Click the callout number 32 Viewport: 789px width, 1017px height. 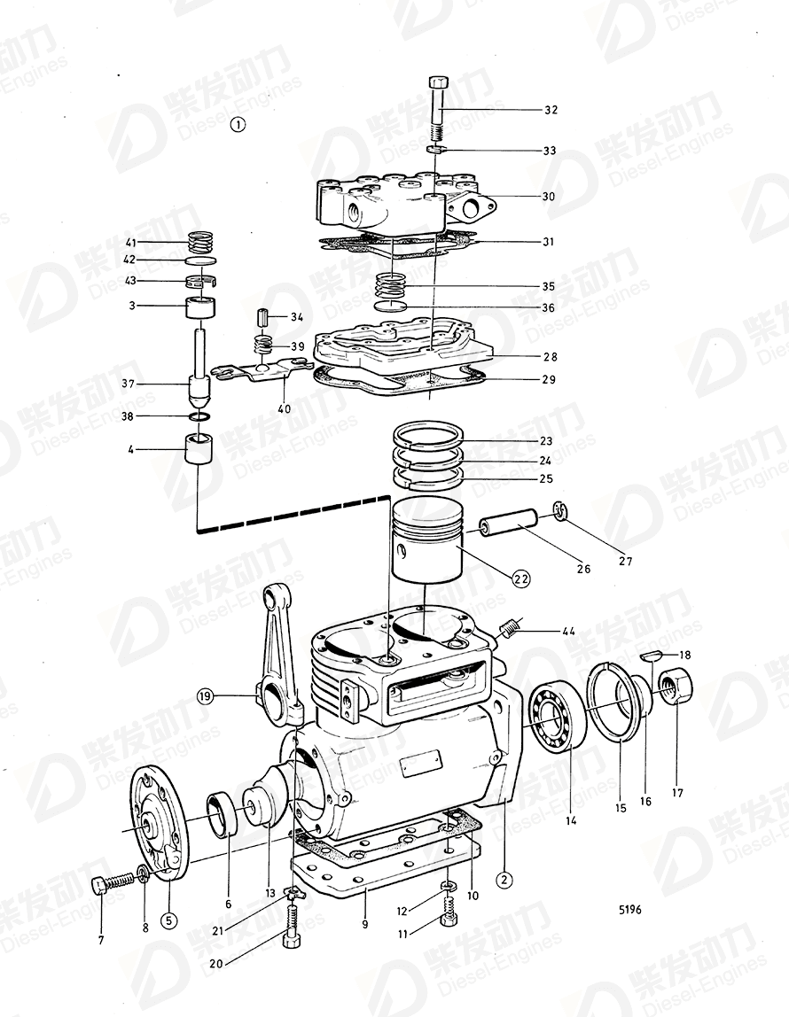(x=551, y=111)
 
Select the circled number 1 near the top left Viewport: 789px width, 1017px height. (x=237, y=125)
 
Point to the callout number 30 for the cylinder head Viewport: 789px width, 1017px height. (x=549, y=197)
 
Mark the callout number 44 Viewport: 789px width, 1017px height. (x=566, y=632)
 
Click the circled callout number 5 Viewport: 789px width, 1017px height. (x=168, y=920)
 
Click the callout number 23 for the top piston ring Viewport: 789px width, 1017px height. (x=546, y=441)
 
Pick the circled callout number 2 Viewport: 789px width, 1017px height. (x=504, y=880)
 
